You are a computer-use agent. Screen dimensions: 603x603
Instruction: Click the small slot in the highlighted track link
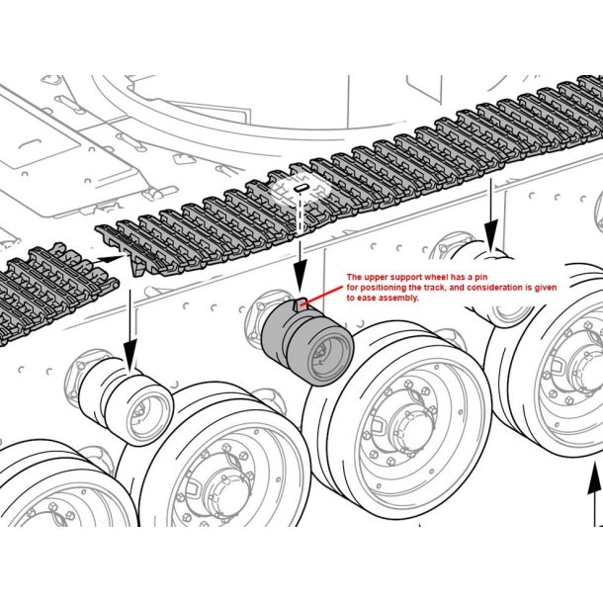tap(301, 185)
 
